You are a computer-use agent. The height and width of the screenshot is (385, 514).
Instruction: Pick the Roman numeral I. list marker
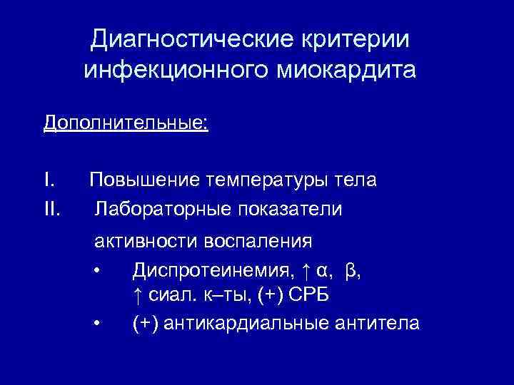[49, 180]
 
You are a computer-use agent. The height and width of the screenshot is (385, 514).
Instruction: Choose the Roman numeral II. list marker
[52, 210]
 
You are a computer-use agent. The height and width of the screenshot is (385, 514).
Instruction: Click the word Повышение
[143, 180]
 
